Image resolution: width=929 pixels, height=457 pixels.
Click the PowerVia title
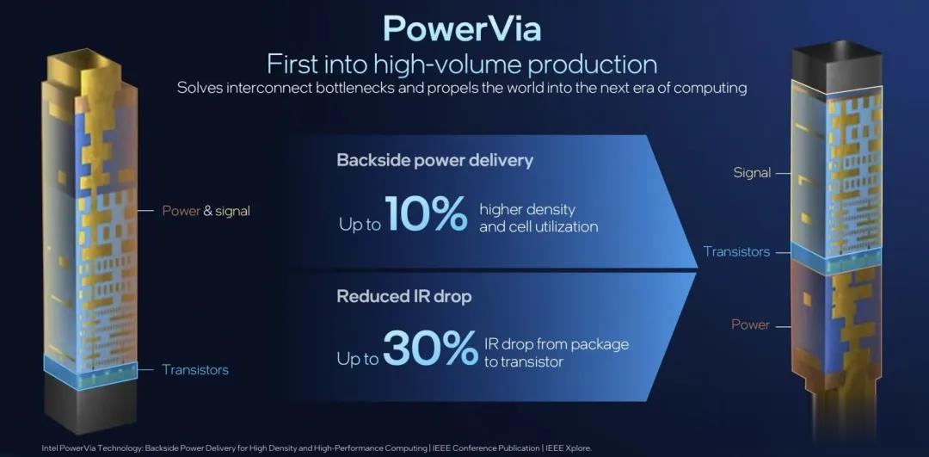[x=462, y=28]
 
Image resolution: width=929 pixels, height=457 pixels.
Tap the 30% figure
[x=430, y=349]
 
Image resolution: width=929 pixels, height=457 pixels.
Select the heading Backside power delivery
[x=435, y=160]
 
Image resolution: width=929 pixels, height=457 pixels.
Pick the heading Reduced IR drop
[x=403, y=296]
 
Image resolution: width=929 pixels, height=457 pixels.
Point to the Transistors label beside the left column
[x=195, y=370]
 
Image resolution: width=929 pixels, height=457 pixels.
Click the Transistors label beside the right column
[x=736, y=251]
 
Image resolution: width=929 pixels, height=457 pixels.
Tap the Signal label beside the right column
[x=752, y=172]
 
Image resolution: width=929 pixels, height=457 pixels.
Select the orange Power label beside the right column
[x=750, y=324]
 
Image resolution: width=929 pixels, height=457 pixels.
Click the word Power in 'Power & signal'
[x=181, y=210]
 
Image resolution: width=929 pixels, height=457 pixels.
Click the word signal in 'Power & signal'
[x=232, y=210]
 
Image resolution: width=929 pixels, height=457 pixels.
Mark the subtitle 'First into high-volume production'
[x=462, y=64]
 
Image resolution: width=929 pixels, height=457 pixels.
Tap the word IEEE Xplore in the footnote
[x=569, y=448]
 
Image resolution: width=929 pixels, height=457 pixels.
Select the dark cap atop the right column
[x=834, y=65]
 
